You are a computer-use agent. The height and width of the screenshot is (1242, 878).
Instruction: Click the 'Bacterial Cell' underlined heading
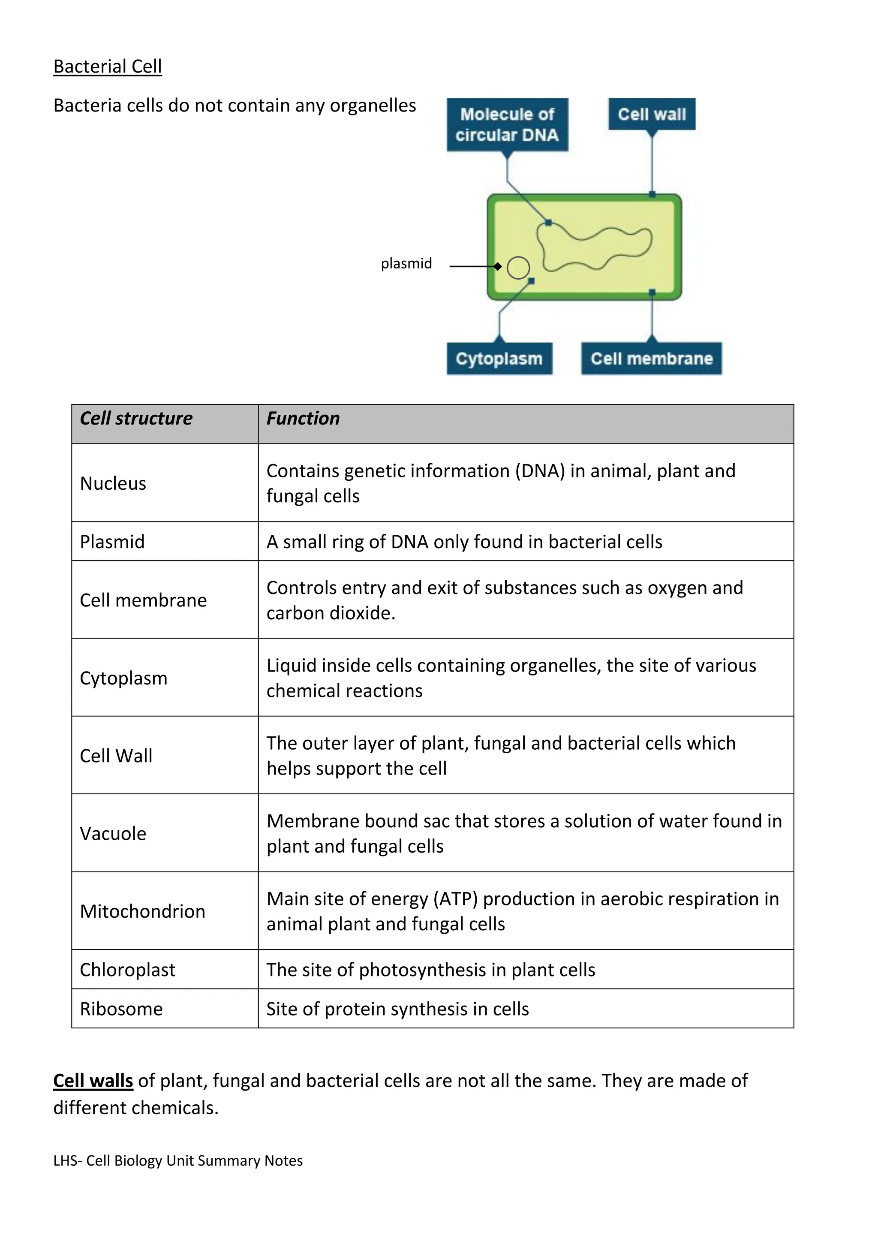tap(108, 66)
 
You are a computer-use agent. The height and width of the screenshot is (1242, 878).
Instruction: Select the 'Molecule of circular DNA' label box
tap(507, 124)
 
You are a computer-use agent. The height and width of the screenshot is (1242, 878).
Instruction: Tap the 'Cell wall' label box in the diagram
tap(652, 114)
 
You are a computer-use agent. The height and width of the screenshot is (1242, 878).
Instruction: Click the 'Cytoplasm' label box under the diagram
tap(499, 359)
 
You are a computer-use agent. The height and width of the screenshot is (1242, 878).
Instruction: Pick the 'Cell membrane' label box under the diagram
tap(652, 359)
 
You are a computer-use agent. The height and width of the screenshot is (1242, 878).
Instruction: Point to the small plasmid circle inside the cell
tap(518, 267)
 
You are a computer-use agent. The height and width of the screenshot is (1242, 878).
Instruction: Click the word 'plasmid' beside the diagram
tap(406, 263)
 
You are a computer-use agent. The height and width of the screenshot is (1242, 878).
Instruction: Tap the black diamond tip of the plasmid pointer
tap(498, 266)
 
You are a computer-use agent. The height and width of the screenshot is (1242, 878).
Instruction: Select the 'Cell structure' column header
tap(136, 418)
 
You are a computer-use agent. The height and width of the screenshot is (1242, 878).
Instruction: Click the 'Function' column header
tap(303, 418)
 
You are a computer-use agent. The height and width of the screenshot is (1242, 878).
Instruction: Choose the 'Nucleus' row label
tap(113, 483)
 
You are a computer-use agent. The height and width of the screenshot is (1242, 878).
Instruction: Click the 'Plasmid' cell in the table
tap(112, 542)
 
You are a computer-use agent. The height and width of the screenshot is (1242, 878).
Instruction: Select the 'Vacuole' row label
tap(113, 834)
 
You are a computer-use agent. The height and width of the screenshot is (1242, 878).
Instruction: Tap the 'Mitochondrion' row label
tap(142, 911)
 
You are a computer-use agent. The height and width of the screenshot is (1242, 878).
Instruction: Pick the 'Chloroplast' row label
tap(128, 970)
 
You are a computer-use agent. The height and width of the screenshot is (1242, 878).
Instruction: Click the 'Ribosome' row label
tap(121, 1009)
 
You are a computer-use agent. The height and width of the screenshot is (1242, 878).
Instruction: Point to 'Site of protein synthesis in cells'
tap(397, 1009)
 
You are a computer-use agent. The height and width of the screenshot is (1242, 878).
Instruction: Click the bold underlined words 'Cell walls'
tap(93, 1081)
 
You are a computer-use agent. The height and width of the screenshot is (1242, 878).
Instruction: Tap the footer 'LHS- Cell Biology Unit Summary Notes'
tap(178, 1161)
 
